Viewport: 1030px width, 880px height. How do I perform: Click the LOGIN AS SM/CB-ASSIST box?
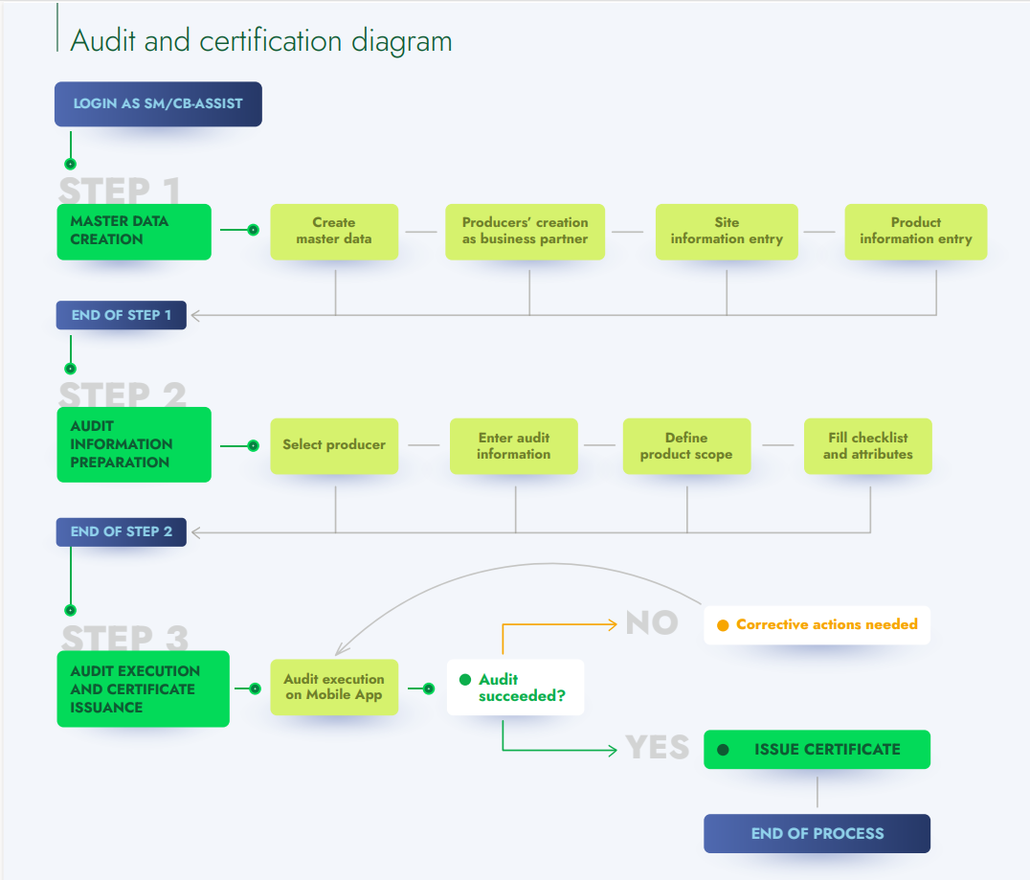coord(158,103)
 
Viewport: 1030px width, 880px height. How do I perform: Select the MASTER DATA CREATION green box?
coord(134,231)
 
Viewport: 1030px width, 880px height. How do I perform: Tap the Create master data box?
coord(334,231)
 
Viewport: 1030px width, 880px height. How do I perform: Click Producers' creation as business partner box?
coord(526,231)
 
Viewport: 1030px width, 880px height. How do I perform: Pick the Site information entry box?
coord(727,231)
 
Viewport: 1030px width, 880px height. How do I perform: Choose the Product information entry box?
coord(915,231)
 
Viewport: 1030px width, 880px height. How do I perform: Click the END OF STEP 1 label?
coord(122,315)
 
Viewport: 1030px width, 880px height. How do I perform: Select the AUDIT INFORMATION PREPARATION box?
coord(134,444)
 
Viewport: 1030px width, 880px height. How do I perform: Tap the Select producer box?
coord(334,445)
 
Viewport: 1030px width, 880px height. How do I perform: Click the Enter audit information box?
coord(514,445)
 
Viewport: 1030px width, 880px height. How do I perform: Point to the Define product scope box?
coord(686,445)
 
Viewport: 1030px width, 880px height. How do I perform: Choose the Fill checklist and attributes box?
coord(867,445)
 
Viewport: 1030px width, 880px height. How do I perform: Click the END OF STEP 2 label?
coord(122,531)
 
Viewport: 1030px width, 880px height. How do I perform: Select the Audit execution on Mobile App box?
coord(334,687)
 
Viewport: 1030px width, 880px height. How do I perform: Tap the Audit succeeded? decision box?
coord(515,688)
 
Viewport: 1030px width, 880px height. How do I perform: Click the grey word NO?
coord(652,623)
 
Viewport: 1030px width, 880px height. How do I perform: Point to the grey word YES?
coord(658,748)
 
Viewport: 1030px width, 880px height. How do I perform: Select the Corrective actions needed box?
coord(817,624)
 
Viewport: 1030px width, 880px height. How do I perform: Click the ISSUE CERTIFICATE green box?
coord(817,750)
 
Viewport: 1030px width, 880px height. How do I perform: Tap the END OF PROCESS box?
coord(817,833)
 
